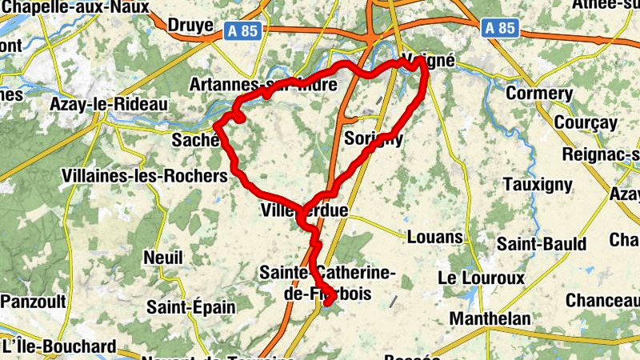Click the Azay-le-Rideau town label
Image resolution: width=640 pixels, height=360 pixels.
108,105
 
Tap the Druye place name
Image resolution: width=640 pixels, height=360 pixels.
190,26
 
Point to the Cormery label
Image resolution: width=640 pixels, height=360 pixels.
539,94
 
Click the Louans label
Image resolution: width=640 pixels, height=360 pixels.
435,237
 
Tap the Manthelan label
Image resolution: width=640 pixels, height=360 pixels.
490,318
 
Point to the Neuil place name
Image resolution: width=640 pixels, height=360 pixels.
163,258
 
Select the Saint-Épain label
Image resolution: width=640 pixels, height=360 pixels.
191,306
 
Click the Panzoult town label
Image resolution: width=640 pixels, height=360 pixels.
33,301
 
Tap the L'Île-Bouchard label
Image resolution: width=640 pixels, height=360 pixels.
59,347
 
